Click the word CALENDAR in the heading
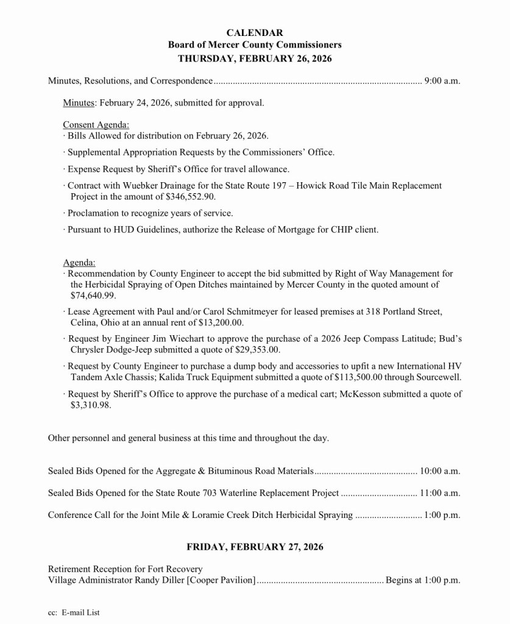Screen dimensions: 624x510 tap(255, 32)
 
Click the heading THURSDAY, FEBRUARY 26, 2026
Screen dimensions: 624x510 tap(255, 58)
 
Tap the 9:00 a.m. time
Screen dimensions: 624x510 tap(442, 80)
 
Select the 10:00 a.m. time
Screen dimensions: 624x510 tap(440, 471)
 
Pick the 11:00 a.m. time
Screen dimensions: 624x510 tap(440, 493)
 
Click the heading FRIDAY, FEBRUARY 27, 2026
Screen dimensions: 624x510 tap(255, 547)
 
